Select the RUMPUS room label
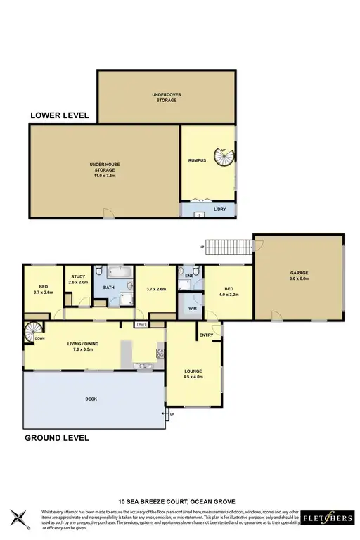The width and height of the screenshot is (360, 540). coord(196,161)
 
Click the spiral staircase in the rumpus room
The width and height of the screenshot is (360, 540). coord(224,162)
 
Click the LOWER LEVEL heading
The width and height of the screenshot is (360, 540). coord(59,116)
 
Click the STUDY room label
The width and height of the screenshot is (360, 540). coord(78,279)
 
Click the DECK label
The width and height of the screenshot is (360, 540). coord(91,399)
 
